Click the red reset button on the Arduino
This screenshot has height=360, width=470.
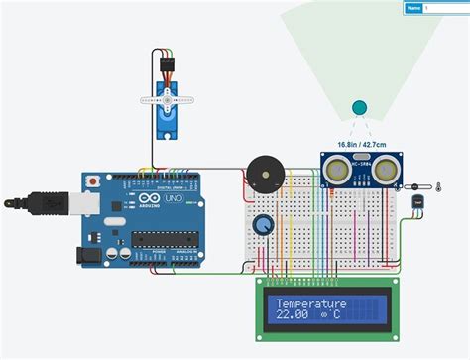coord(92,182)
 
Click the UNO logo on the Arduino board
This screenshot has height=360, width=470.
coord(170,200)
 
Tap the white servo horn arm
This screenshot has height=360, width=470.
coord(166,98)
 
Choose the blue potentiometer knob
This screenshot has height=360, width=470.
coord(264,225)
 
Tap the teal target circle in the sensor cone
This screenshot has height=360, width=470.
coord(359,107)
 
